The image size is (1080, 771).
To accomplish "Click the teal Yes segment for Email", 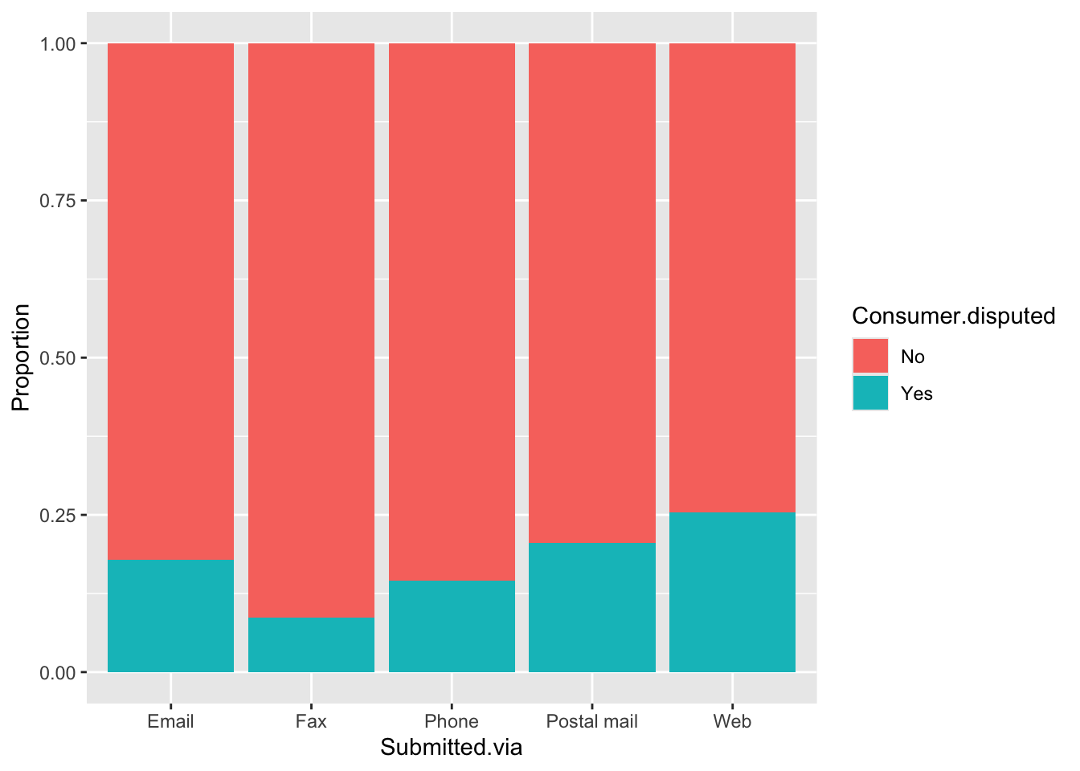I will [x=170, y=616].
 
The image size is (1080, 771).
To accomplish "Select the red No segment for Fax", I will [x=311, y=330].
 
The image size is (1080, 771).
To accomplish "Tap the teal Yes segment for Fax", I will [x=311, y=645].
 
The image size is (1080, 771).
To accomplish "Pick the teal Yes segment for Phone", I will [x=452, y=626].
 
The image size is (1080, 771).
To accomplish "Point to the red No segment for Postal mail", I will [x=592, y=293].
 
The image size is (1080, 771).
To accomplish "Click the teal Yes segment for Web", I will [x=732, y=592].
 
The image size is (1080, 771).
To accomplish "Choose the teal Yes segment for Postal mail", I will [x=592, y=607].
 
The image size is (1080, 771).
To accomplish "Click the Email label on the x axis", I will [x=170, y=721].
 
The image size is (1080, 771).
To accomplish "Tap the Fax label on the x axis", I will [x=311, y=721].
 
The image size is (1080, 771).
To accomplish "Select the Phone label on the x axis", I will [x=452, y=721].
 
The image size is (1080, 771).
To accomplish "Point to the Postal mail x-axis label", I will [x=592, y=721].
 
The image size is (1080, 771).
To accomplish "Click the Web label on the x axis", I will [x=732, y=721].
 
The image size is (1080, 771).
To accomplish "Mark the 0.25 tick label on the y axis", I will [x=58, y=515].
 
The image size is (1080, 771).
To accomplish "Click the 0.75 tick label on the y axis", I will [x=58, y=201].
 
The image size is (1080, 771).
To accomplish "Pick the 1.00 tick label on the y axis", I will [x=58, y=43].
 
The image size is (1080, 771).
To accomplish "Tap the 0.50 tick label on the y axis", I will [x=58, y=358].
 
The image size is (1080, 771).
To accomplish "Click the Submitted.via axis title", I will [x=452, y=748].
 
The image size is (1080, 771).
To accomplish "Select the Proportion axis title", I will [x=21, y=357].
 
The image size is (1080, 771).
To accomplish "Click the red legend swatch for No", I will [x=870, y=356].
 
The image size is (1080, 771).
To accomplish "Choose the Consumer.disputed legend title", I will [x=953, y=316].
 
